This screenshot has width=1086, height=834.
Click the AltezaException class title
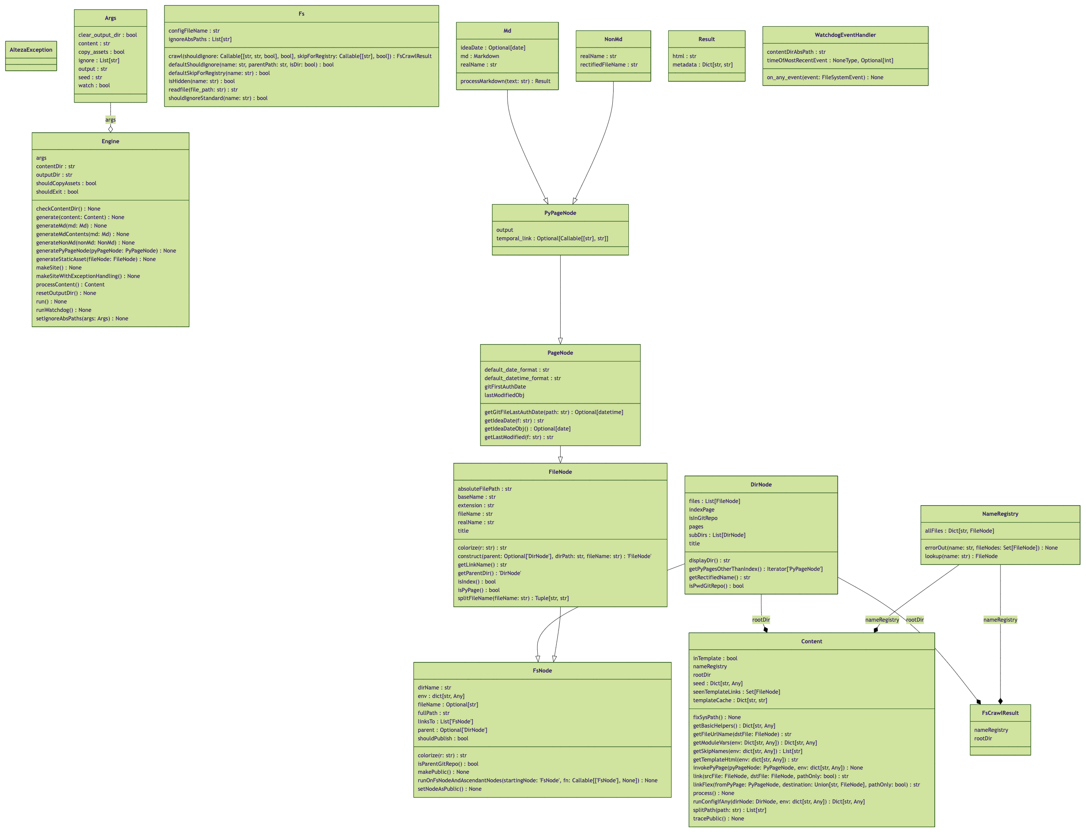tap(31, 50)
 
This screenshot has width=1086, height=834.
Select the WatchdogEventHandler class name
tap(845, 35)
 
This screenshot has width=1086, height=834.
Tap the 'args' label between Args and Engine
tap(110, 120)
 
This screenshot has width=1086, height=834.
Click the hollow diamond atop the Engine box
tap(110, 129)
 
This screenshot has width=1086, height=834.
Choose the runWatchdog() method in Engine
tap(64, 310)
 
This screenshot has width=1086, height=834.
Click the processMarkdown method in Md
tap(505, 81)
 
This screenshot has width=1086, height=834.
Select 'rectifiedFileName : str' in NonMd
tap(608, 64)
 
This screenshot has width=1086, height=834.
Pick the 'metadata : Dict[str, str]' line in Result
tap(702, 64)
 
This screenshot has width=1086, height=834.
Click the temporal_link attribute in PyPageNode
tap(552, 238)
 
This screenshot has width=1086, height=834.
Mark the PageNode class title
tap(560, 353)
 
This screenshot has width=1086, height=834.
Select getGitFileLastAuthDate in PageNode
tap(553, 412)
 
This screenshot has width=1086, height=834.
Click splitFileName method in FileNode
tap(513, 598)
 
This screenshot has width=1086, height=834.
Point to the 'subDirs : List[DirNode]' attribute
tap(717, 535)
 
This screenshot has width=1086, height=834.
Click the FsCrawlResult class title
tap(1000, 713)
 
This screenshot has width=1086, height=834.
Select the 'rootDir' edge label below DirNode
tap(761, 620)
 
